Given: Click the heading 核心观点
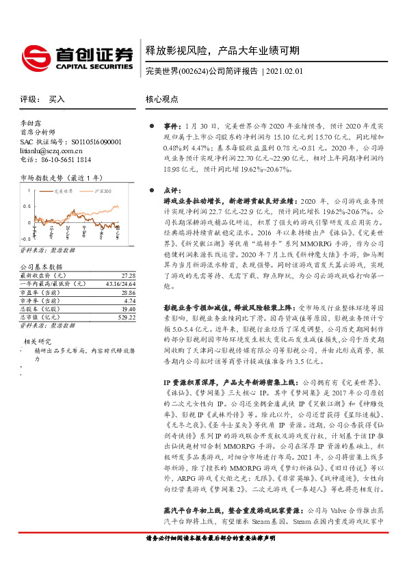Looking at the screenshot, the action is coord(161,99).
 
